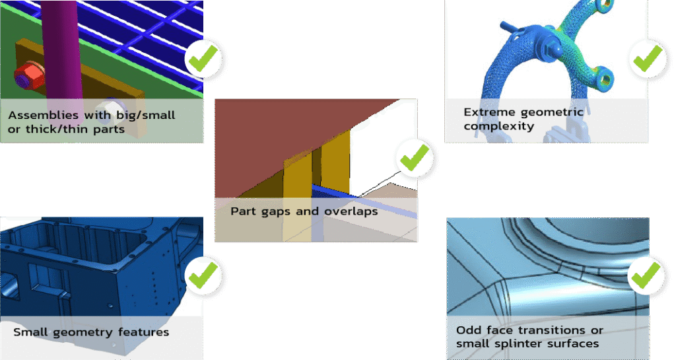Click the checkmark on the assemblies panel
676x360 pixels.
[203, 60]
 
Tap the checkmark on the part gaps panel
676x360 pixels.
[415, 159]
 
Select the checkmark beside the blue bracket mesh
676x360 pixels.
[648, 59]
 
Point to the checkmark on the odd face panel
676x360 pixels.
[646, 275]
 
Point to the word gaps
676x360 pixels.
[276, 211]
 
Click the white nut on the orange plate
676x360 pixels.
[106, 109]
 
